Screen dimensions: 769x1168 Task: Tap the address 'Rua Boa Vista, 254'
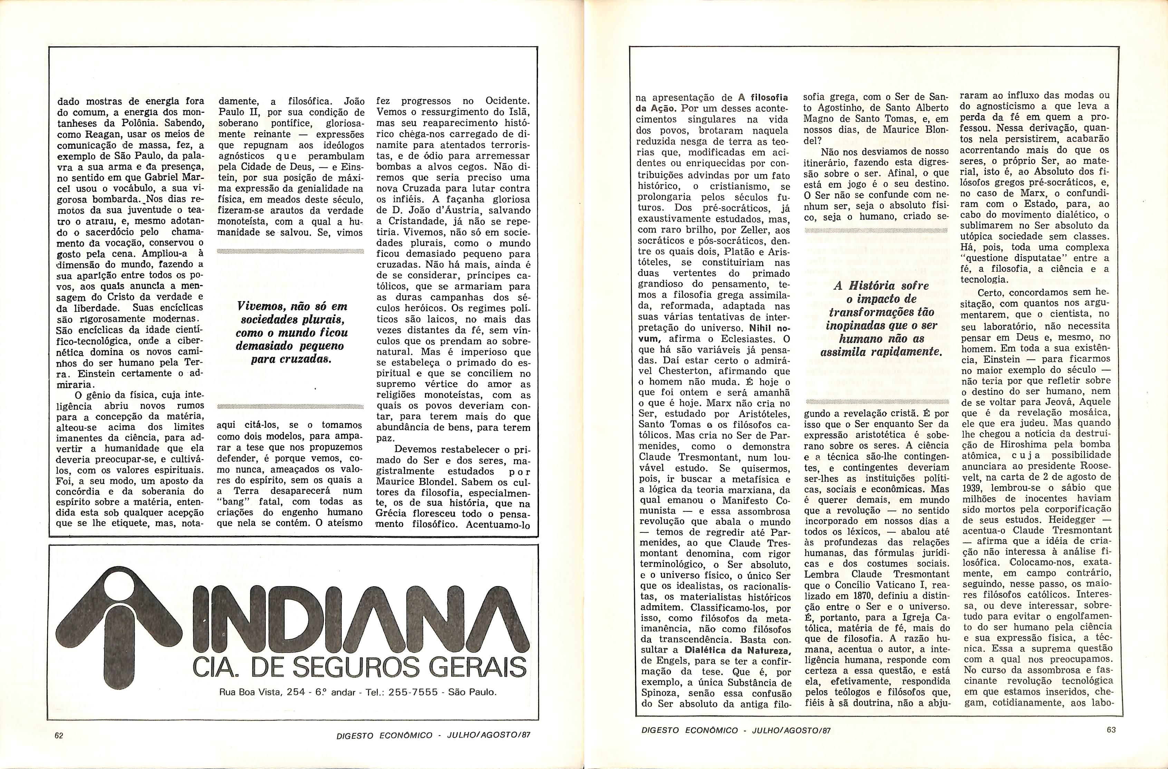pyautogui.click(x=262, y=692)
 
